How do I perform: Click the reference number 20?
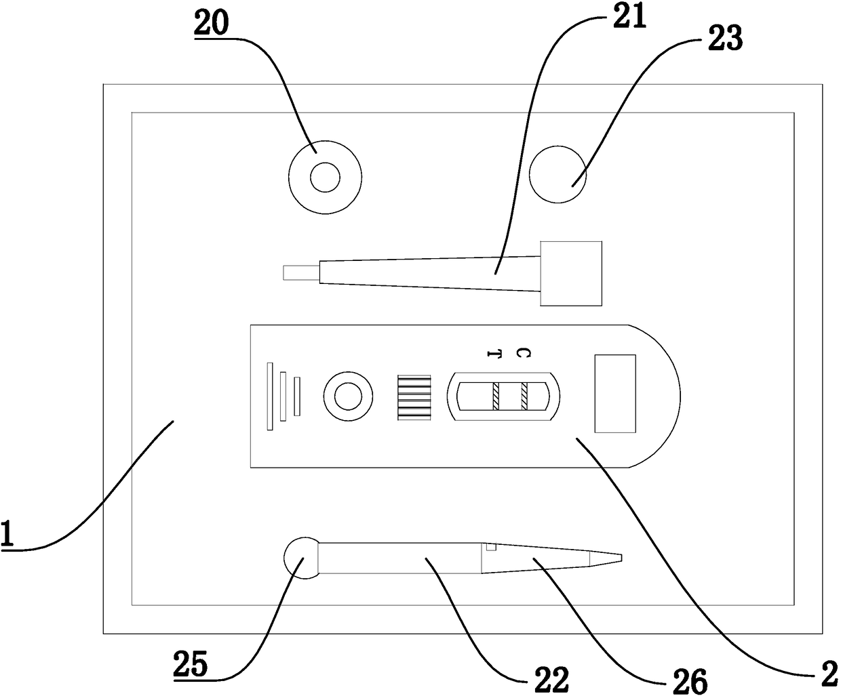[211, 24]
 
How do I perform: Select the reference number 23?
[724, 39]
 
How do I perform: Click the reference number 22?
[551, 678]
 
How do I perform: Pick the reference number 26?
[689, 678]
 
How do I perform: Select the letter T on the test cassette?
[494, 353]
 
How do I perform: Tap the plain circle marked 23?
[558, 173]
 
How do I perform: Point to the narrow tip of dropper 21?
[296, 272]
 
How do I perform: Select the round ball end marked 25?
[301, 558]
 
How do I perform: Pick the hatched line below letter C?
[523, 396]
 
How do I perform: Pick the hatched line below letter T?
[495, 396]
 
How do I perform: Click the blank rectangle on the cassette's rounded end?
[615, 393]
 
